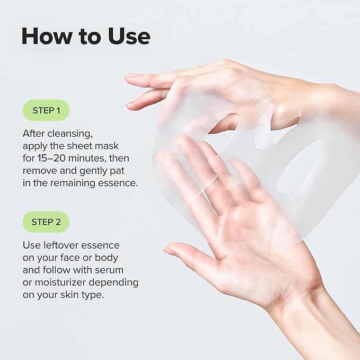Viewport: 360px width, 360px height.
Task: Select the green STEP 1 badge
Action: tap(46, 110)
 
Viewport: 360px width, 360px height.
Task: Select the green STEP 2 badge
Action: tap(46, 222)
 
